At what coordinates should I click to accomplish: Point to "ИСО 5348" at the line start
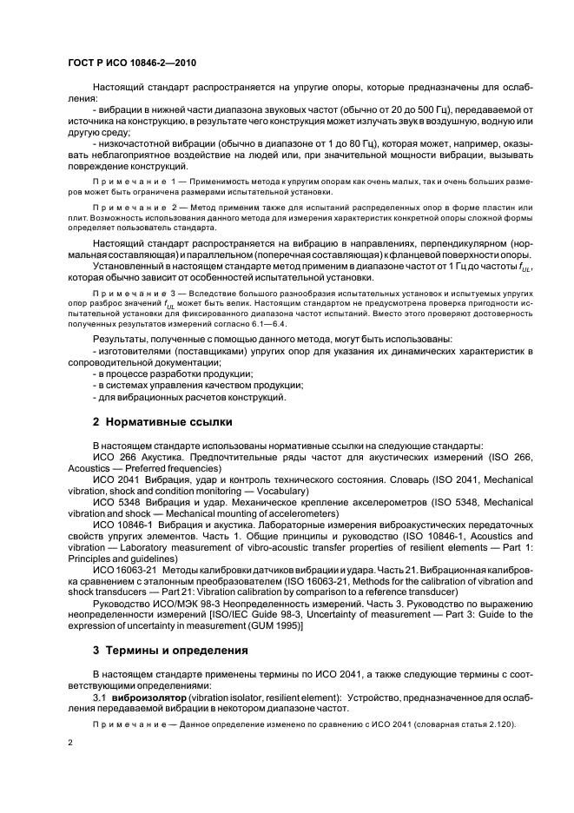point(115,502)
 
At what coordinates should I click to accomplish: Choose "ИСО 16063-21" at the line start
point(124,570)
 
